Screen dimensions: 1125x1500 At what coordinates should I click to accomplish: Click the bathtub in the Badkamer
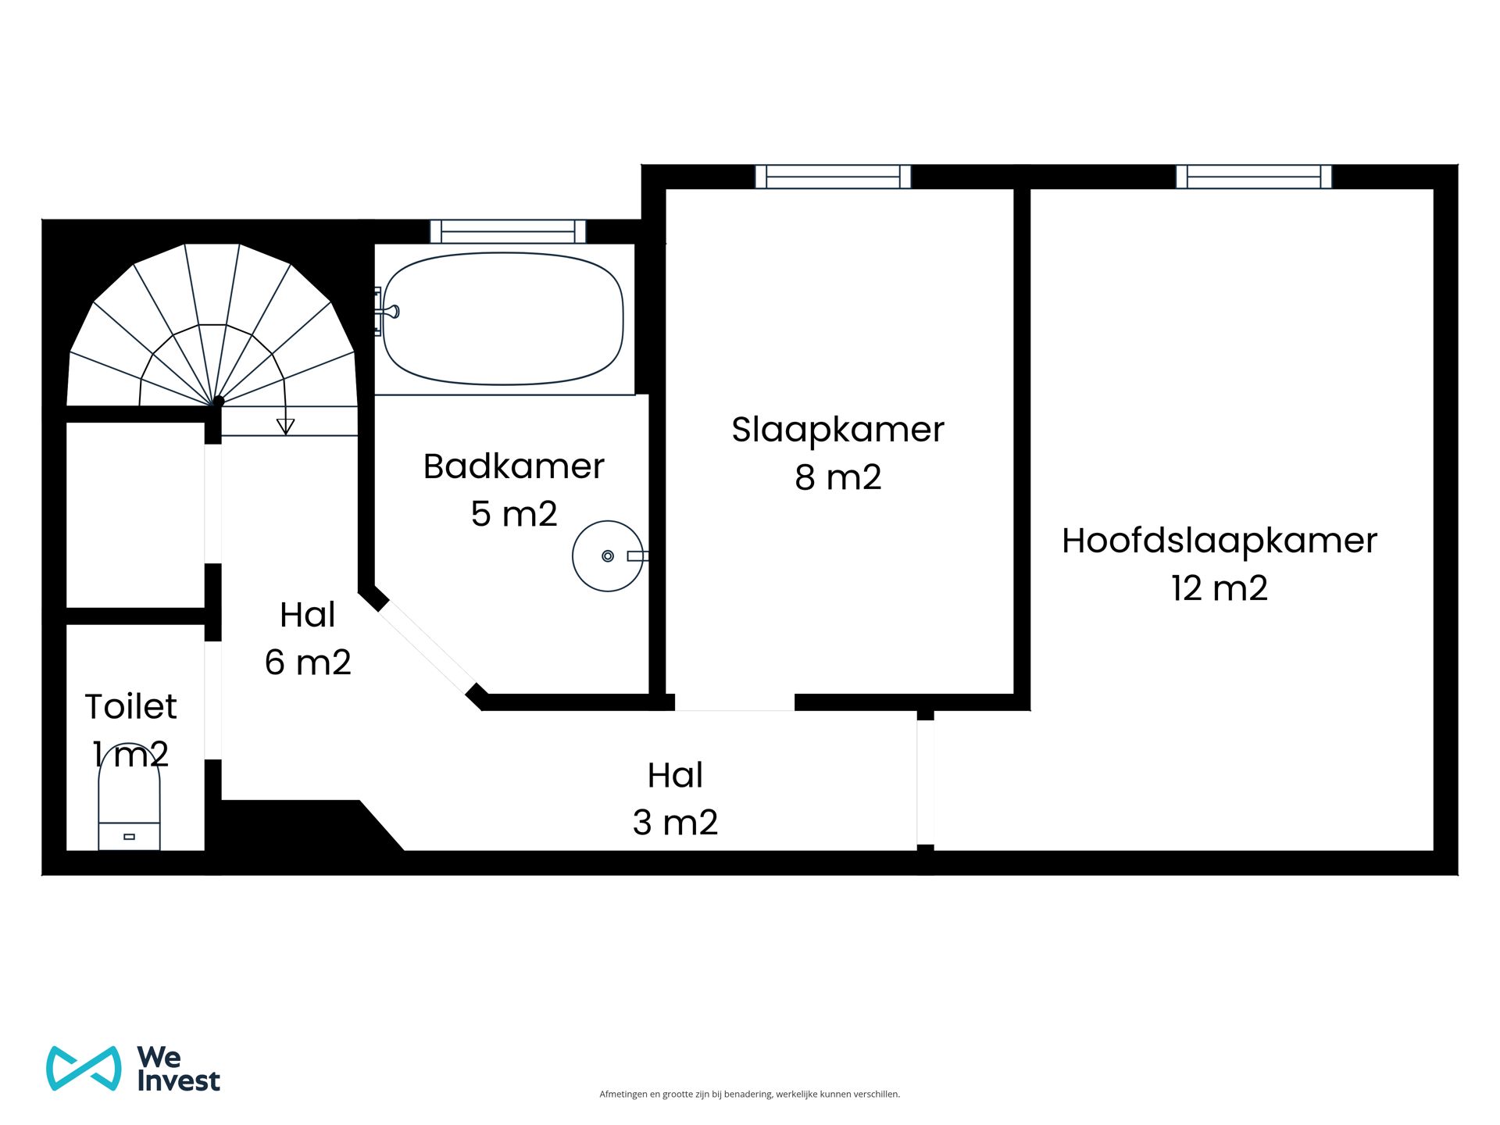(503, 319)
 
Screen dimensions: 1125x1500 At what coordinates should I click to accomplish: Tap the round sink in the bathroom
(607, 556)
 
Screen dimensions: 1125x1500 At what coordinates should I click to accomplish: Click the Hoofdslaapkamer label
(1219, 541)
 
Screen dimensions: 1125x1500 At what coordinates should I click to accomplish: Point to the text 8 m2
(837, 477)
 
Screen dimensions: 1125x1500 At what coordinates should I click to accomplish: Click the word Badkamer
(513, 466)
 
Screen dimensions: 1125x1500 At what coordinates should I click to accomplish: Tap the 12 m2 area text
(1219, 588)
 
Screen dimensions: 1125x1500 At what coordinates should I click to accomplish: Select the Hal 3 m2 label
(675, 798)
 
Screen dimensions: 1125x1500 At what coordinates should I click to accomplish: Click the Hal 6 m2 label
(308, 638)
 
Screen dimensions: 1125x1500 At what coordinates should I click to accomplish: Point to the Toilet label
(130, 707)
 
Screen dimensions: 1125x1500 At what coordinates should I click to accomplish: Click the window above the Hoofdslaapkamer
(1253, 177)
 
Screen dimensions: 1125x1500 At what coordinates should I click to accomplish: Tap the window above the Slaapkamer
(833, 177)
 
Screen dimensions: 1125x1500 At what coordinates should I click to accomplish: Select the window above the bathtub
(508, 231)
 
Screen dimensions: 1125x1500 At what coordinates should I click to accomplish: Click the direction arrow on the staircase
(285, 426)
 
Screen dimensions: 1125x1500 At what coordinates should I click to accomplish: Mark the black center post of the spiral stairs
(219, 401)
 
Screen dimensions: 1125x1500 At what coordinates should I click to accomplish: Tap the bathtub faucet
(388, 312)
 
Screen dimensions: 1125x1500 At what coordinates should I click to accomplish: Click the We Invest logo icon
(84, 1068)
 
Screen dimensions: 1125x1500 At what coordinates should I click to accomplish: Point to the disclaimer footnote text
(749, 1094)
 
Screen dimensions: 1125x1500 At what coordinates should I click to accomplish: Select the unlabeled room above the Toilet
(135, 514)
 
